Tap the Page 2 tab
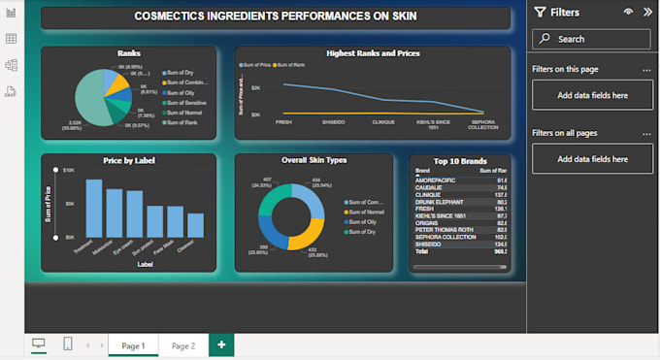click(182, 345)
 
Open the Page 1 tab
click(132, 345)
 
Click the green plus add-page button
click(221, 345)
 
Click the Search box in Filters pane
click(591, 39)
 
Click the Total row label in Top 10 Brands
click(423, 250)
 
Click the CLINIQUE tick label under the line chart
click(383, 122)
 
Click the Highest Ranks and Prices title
click(373, 53)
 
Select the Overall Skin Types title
click(313, 160)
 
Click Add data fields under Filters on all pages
click(592, 158)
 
